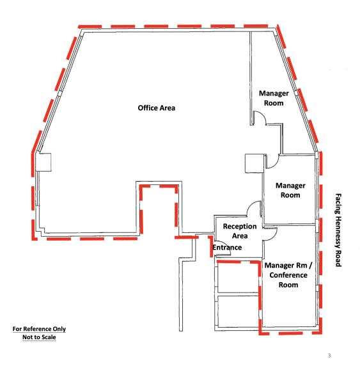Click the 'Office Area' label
click(157, 108)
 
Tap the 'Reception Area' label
click(240, 231)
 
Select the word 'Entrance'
click(227, 247)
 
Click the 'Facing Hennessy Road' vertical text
click(338, 230)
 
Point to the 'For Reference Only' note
click(39, 329)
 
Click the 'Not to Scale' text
click(39, 337)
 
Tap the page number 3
click(329, 355)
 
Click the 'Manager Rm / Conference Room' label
click(288, 275)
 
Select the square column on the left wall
click(43, 162)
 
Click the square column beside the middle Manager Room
click(254, 163)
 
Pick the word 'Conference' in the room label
click(288, 275)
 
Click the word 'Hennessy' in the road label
click(338, 232)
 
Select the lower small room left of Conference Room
click(238, 311)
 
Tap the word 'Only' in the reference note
click(60, 329)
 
